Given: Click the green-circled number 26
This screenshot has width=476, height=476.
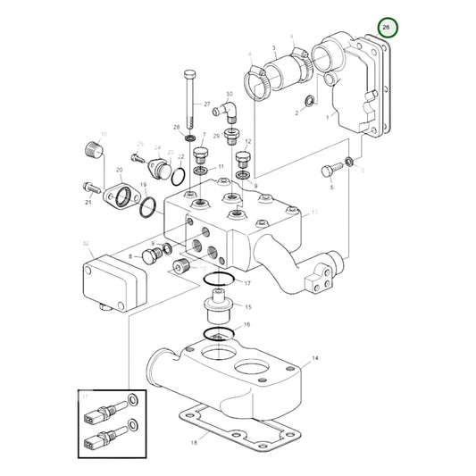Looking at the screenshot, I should tap(386, 29).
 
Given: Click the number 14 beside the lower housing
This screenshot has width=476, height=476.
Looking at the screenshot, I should tap(313, 359).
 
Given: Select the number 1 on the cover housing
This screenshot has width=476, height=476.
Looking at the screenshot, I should tap(328, 115).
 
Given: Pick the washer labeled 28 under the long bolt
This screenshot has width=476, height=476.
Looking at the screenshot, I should tap(189, 140).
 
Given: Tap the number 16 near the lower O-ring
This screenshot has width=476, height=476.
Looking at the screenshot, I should tap(247, 326).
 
